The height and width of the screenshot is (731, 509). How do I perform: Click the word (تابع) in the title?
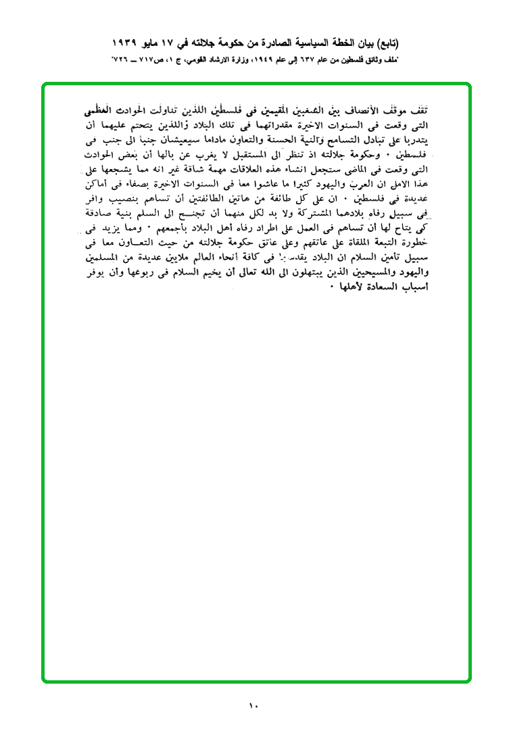[x=385, y=44]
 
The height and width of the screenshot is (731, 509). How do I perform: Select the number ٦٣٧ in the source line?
[x=312, y=60]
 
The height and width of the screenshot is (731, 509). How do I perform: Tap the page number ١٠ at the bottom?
[x=253, y=706]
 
